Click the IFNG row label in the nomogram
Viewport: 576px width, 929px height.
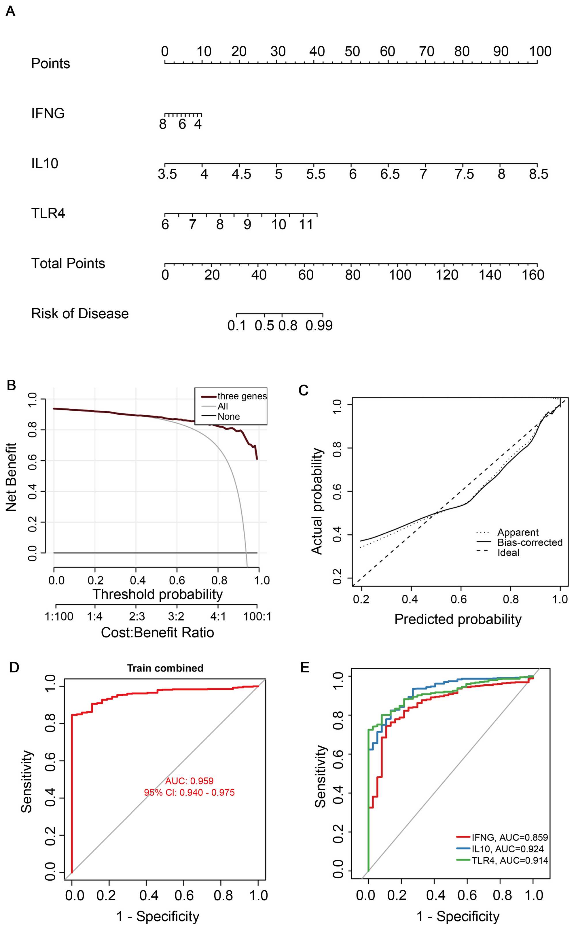[x=48, y=113]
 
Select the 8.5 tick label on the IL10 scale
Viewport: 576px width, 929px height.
[x=538, y=174]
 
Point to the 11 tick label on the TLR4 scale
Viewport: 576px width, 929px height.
[x=306, y=224]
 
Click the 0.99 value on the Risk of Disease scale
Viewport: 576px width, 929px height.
[x=319, y=326]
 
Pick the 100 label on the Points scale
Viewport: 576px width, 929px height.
[x=540, y=52]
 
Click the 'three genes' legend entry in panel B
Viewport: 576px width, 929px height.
[x=242, y=396]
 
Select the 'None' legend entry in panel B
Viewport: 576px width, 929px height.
[x=229, y=417]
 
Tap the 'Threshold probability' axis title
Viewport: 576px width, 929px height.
[x=157, y=594]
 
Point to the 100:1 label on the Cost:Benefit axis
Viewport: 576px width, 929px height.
[x=257, y=616]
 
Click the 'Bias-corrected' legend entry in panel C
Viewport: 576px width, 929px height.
[x=530, y=542]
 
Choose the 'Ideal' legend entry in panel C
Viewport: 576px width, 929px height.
[x=508, y=553]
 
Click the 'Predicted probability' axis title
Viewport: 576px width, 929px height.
[x=458, y=619]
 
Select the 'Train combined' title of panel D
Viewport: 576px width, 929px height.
[x=165, y=668]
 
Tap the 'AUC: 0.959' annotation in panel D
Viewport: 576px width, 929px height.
[x=189, y=781]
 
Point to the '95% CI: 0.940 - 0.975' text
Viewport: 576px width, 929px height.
[x=189, y=792]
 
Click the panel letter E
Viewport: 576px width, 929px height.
[x=304, y=668]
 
